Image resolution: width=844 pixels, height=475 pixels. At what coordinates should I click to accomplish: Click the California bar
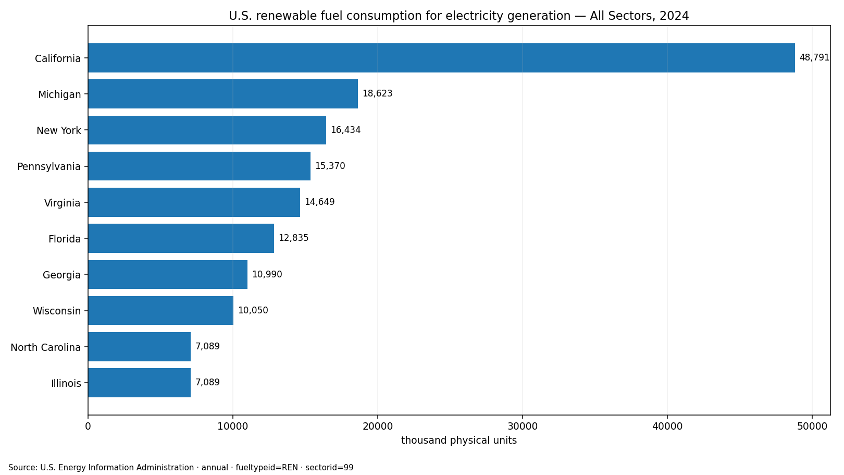(x=441, y=58)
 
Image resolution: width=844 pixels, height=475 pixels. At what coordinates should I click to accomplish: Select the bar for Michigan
(x=222, y=94)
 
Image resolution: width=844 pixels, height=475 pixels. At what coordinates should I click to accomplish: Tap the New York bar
(x=207, y=130)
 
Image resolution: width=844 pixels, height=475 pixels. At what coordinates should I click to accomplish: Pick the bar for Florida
(x=181, y=238)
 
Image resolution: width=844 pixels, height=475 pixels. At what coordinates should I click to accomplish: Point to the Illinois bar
(x=140, y=383)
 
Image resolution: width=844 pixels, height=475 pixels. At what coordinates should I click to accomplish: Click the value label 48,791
(x=814, y=58)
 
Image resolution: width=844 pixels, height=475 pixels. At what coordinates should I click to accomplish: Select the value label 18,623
(x=378, y=93)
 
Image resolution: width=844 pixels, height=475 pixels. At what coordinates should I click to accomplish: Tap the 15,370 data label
(x=330, y=166)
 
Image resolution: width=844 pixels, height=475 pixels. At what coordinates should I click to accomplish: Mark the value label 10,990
(x=267, y=274)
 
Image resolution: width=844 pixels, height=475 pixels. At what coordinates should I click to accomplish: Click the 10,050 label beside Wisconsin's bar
(x=253, y=310)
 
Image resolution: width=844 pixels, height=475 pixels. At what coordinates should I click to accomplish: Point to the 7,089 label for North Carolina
(x=207, y=346)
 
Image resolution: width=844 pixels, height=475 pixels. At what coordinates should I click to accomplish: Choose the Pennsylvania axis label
(x=49, y=167)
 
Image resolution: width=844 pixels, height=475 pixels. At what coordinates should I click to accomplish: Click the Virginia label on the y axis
(x=63, y=203)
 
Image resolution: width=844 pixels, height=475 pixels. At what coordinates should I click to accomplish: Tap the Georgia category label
(x=62, y=275)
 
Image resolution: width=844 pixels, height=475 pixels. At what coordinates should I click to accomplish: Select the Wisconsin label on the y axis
(x=57, y=311)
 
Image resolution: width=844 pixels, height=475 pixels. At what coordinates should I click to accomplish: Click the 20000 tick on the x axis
(x=378, y=427)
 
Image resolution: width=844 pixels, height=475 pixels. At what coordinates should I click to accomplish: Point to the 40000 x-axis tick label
(x=667, y=427)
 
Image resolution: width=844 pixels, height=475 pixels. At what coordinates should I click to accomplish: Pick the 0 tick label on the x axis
(x=88, y=427)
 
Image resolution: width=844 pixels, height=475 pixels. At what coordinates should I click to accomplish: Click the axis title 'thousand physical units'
(x=459, y=440)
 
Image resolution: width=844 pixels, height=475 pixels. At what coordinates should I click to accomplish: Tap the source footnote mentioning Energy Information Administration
(x=181, y=468)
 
